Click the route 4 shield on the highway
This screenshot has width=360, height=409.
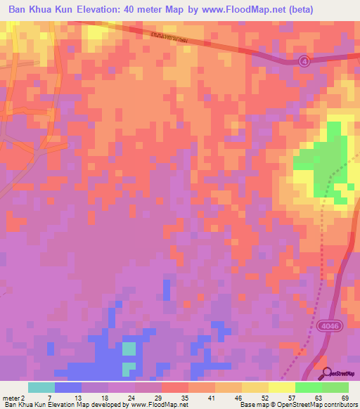pos(303,61)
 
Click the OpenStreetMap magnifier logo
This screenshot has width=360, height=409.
pos(327,373)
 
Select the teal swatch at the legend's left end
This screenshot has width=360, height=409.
pos(41,387)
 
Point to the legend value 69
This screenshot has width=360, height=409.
pos(345,398)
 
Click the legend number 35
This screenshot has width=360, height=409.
pos(184,398)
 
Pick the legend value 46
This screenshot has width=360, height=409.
pos(238,398)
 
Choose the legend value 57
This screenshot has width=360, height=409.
pos(291,398)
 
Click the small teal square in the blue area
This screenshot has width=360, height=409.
pos(129,349)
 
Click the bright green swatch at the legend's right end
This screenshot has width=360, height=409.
pos(335,387)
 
